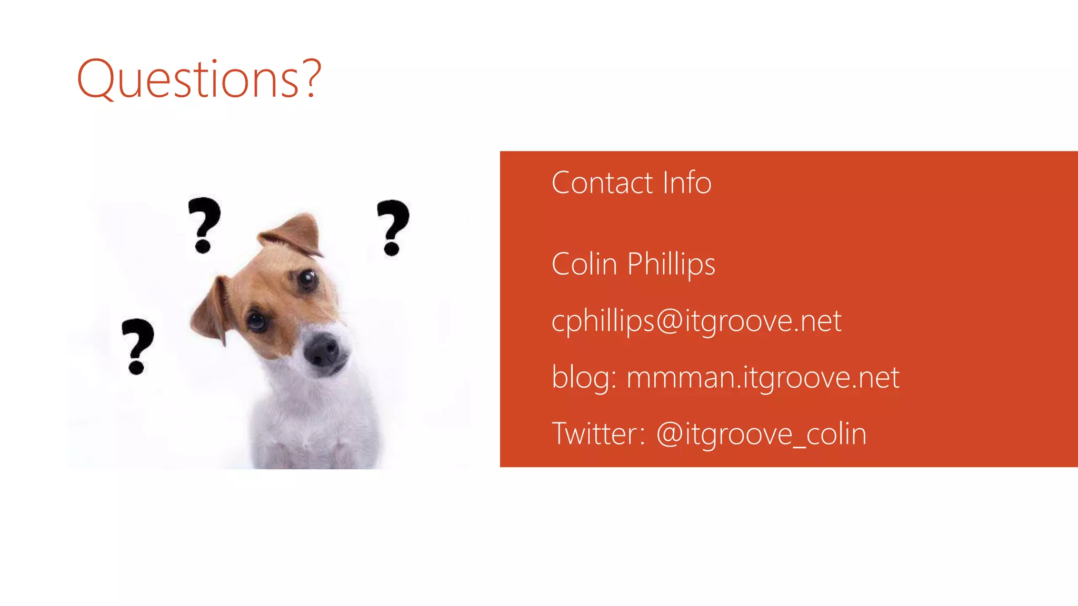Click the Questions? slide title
(x=199, y=79)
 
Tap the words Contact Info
(x=631, y=183)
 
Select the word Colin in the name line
(x=584, y=264)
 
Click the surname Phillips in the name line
(x=671, y=265)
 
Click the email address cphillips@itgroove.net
(x=696, y=320)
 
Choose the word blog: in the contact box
(x=584, y=377)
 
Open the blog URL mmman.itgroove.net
(x=763, y=377)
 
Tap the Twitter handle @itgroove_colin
(x=761, y=435)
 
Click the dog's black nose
(x=322, y=349)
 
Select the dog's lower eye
(x=257, y=321)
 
